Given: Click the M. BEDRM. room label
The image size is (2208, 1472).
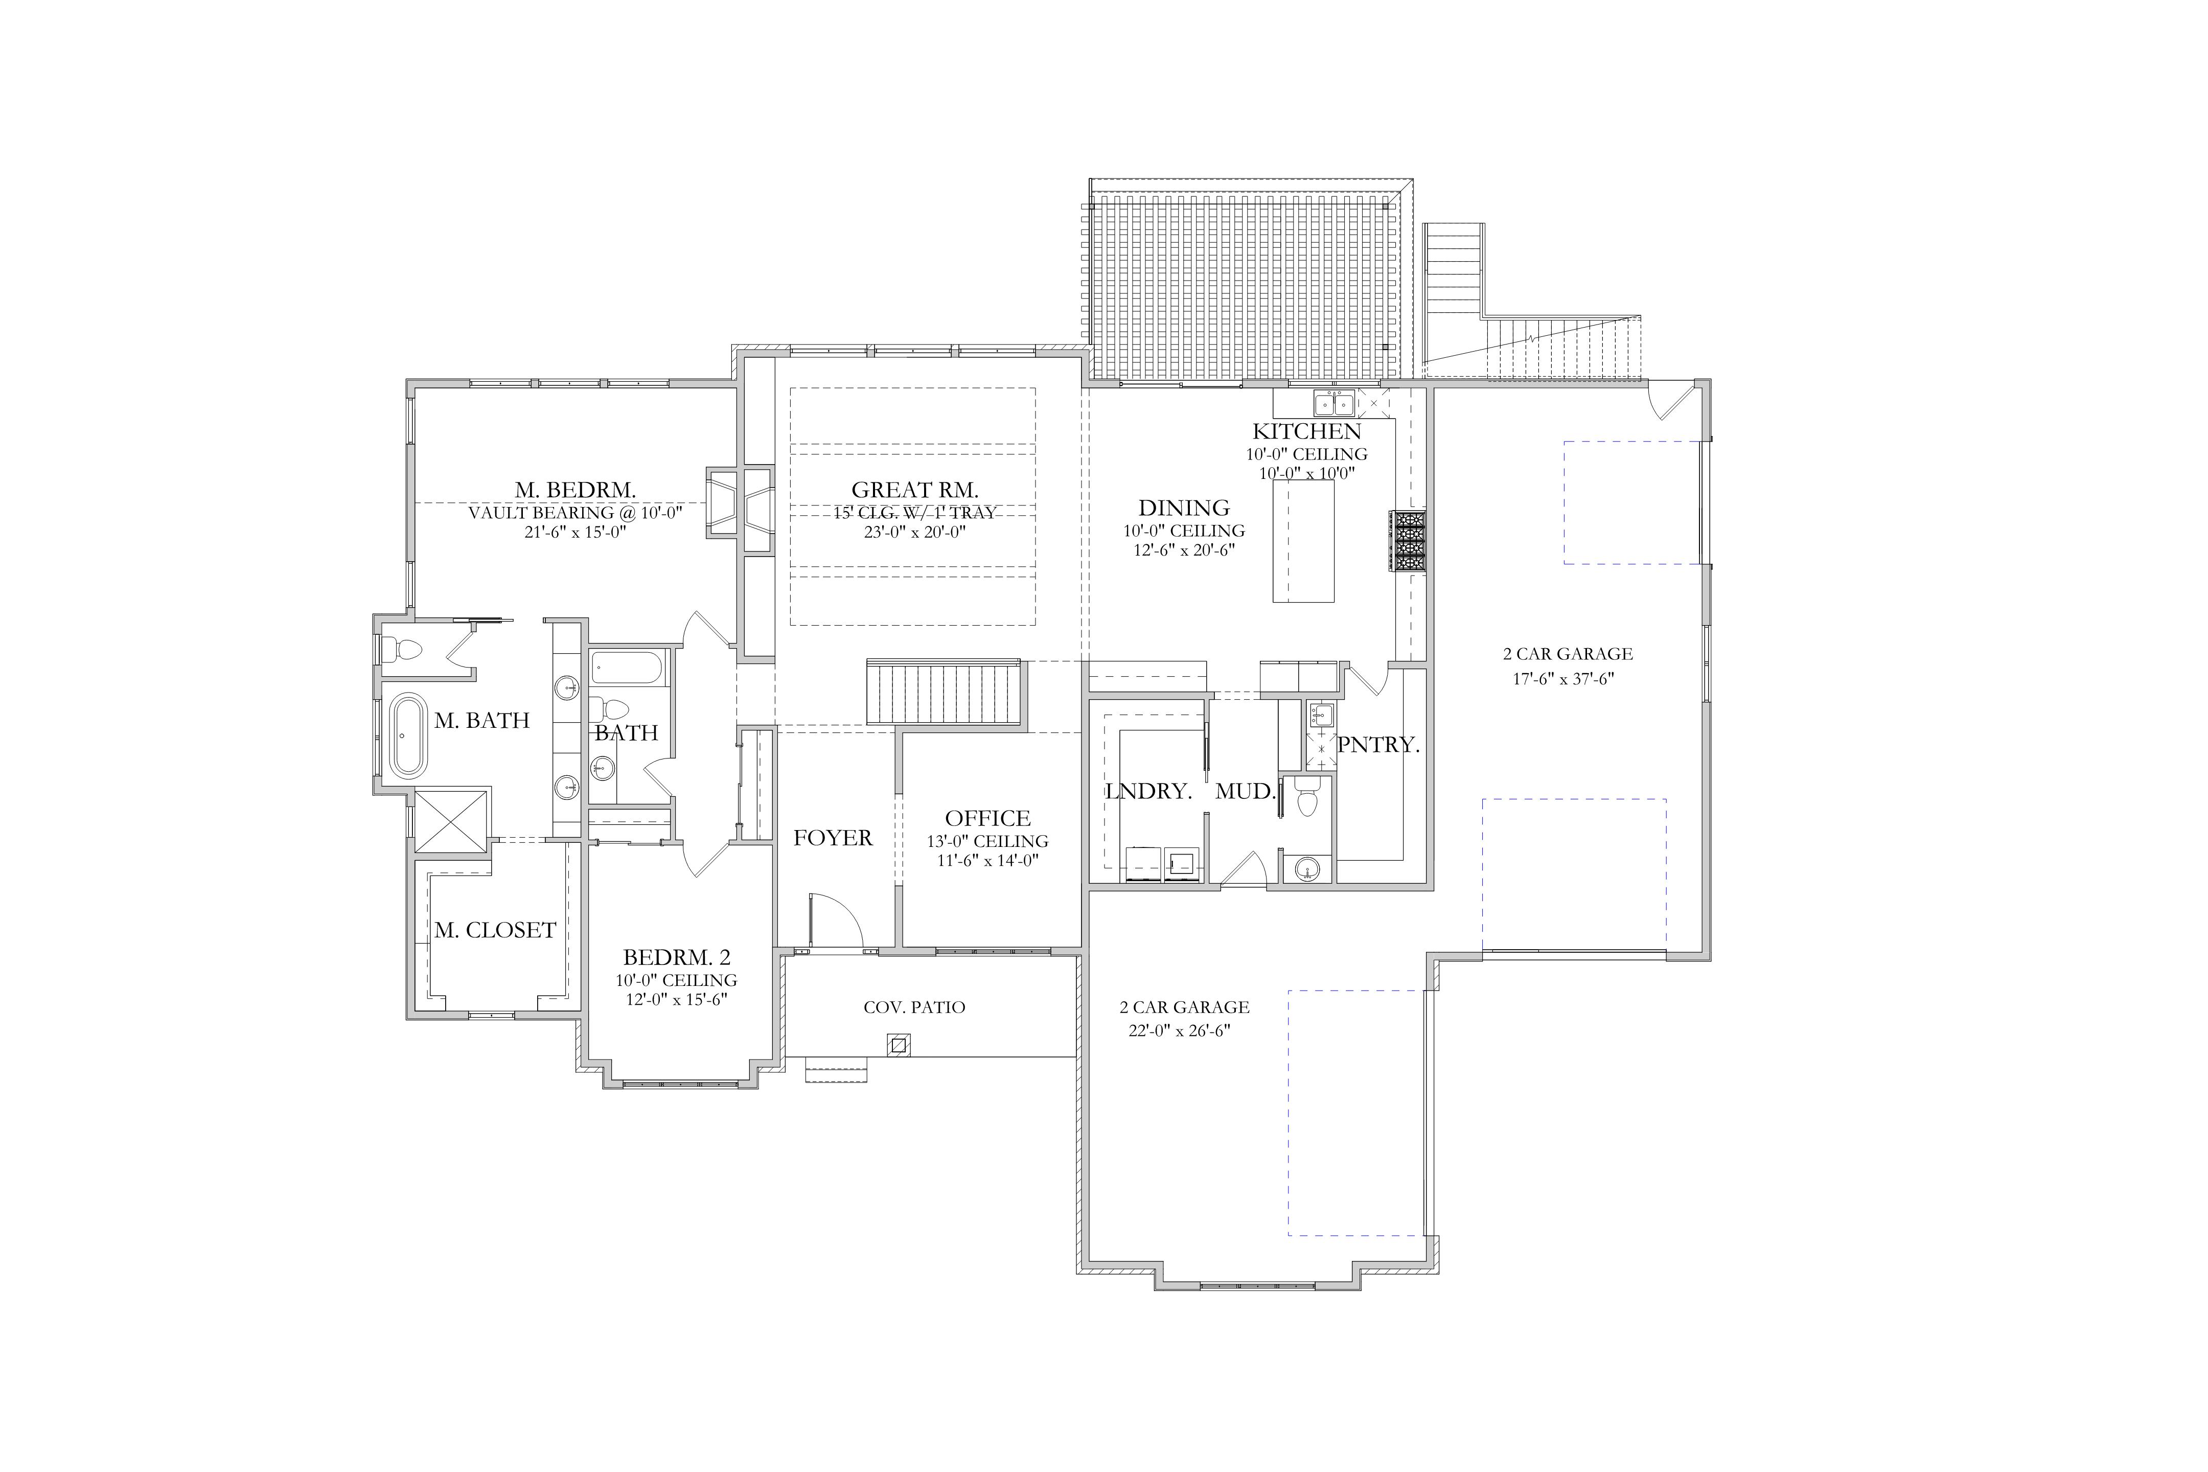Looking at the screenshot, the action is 574,489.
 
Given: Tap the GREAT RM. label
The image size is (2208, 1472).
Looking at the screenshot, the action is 914,489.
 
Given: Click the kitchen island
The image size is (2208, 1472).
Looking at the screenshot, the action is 1303,541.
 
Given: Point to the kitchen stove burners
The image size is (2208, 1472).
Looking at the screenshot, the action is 1408,541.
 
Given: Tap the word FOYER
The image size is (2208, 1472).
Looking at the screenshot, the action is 833,837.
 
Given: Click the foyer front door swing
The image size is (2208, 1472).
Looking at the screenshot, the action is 836,920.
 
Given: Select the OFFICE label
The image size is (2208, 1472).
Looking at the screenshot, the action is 987,818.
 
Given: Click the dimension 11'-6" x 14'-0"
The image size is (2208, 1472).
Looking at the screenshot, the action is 987,860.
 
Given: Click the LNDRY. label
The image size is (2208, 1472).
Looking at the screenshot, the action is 1149,791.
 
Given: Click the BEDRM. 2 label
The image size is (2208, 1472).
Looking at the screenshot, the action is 676,957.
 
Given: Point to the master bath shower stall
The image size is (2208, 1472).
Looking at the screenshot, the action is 451,822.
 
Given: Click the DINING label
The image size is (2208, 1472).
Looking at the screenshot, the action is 1184,508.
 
